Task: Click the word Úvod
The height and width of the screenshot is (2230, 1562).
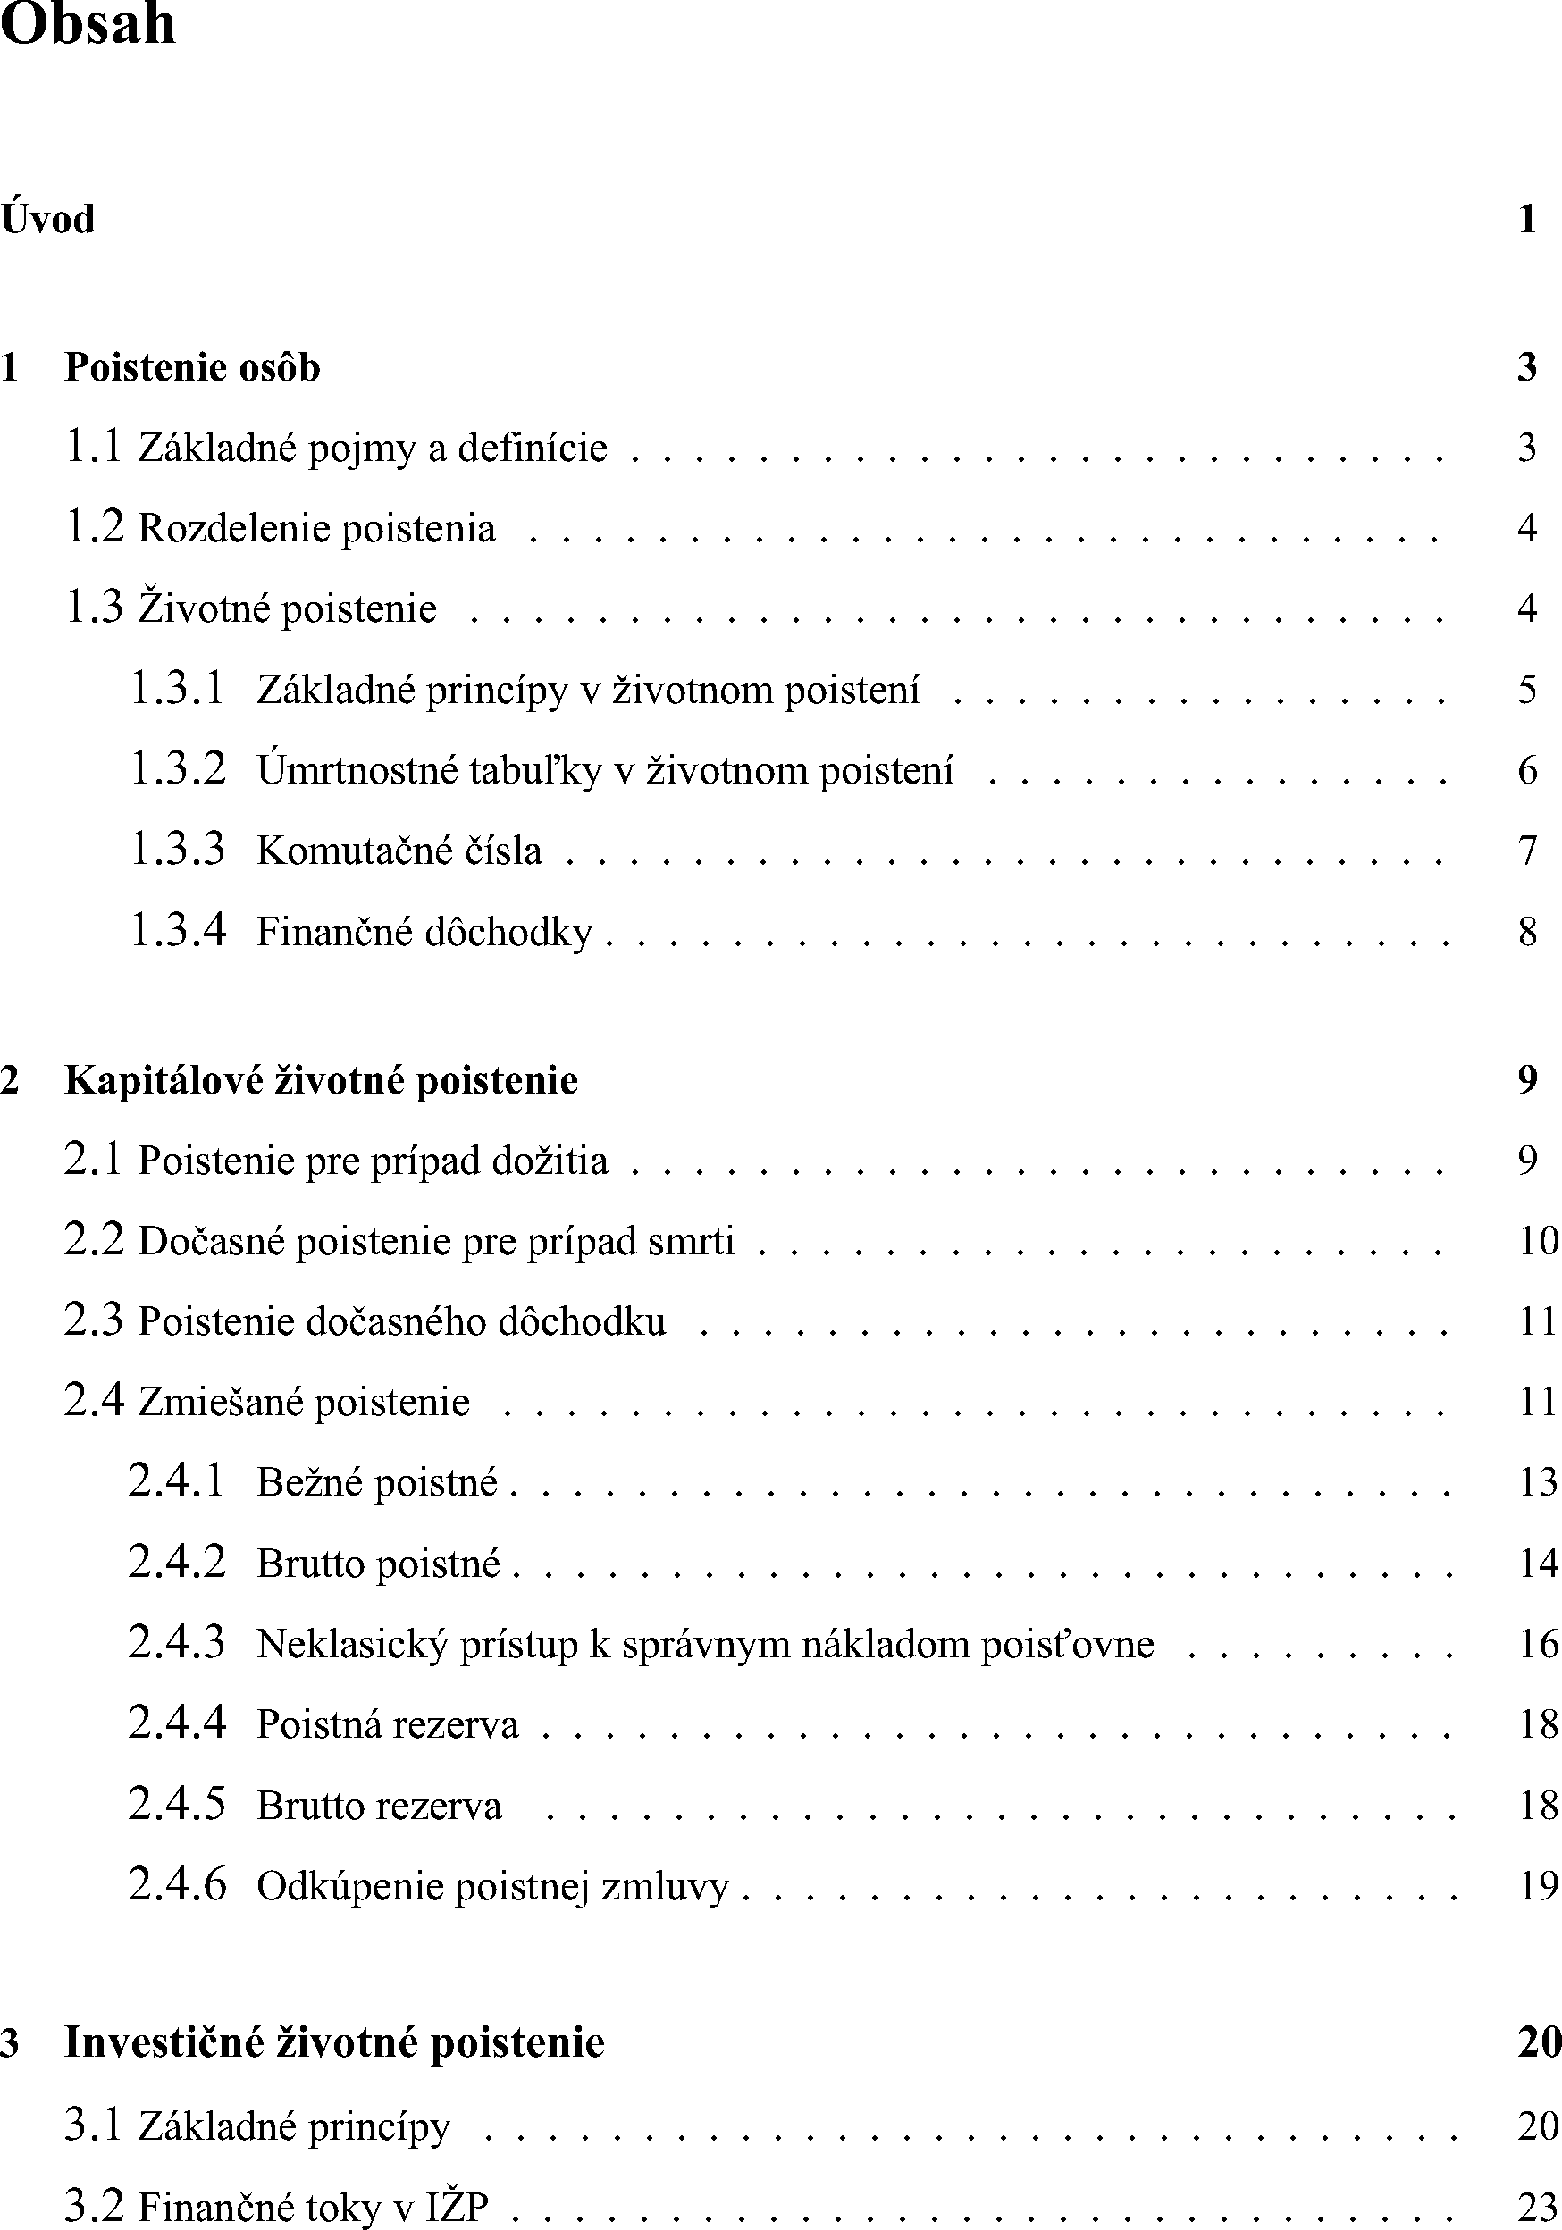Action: tap(48, 220)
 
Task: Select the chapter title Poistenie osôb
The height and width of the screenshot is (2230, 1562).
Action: tap(192, 368)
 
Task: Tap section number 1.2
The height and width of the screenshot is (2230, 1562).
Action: tap(94, 527)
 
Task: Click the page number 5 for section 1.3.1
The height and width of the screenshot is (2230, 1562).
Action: tap(1527, 690)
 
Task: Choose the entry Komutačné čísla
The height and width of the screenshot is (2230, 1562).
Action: tap(399, 851)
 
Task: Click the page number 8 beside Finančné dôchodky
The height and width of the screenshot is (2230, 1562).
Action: tap(1527, 932)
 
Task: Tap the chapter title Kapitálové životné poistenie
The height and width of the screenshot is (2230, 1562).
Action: tap(322, 1080)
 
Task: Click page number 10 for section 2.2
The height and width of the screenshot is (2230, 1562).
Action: tap(1538, 1240)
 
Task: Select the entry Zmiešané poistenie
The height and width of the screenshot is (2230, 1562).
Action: tap(304, 1402)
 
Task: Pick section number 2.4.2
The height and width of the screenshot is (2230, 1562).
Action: tap(177, 1563)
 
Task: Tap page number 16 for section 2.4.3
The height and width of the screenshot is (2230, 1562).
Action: tap(1538, 1643)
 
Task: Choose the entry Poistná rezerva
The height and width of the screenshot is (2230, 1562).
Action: tap(388, 1725)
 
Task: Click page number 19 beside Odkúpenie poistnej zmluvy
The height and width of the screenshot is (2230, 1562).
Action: tap(1538, 1885)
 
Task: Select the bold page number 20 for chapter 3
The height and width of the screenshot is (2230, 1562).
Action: tap(1539, 2042)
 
